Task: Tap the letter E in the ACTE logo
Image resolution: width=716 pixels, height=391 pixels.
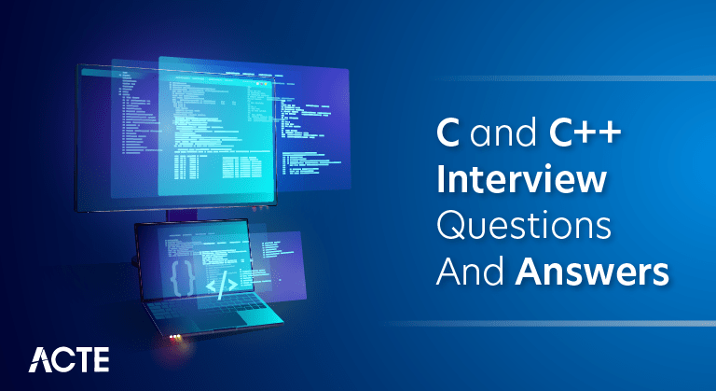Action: (100, 358)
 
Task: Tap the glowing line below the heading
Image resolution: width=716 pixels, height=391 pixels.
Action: (550, 322)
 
